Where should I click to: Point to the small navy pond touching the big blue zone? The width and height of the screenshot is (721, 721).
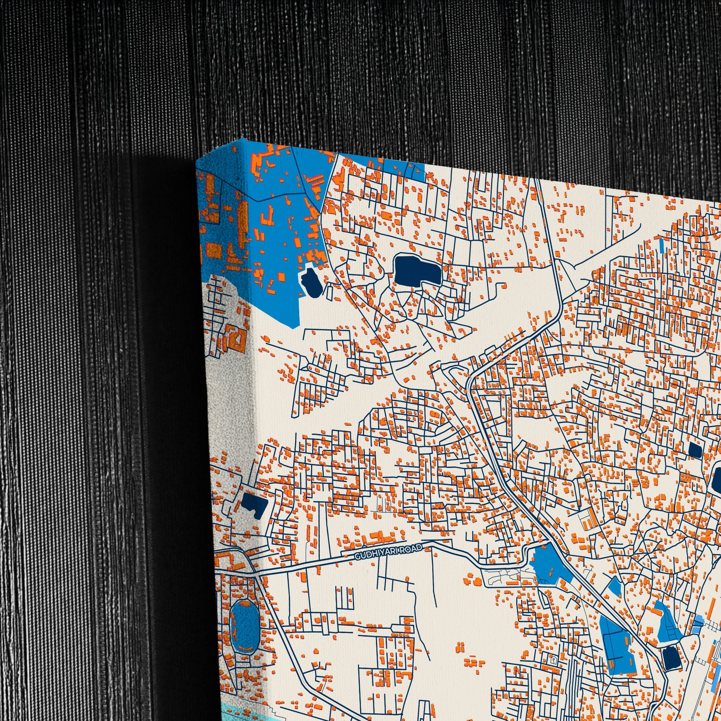(x=311, y=283)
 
